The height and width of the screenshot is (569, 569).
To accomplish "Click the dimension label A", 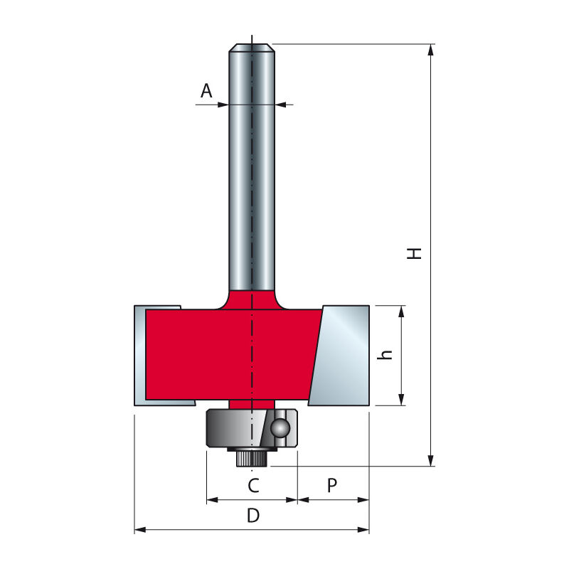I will click(x=206, y=90).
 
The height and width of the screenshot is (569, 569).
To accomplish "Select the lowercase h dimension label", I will click(x=387, y=355).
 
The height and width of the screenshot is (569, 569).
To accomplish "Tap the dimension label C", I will click(x=252, y=486).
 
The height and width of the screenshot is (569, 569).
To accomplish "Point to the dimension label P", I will click(x=332, y=486).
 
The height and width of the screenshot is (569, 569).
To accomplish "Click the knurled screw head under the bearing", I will click(x=250, y=459).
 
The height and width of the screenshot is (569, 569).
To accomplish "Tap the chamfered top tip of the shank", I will click(x=252, y=48).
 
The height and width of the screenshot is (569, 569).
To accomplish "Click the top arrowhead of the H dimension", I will click(x=431, y=48).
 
